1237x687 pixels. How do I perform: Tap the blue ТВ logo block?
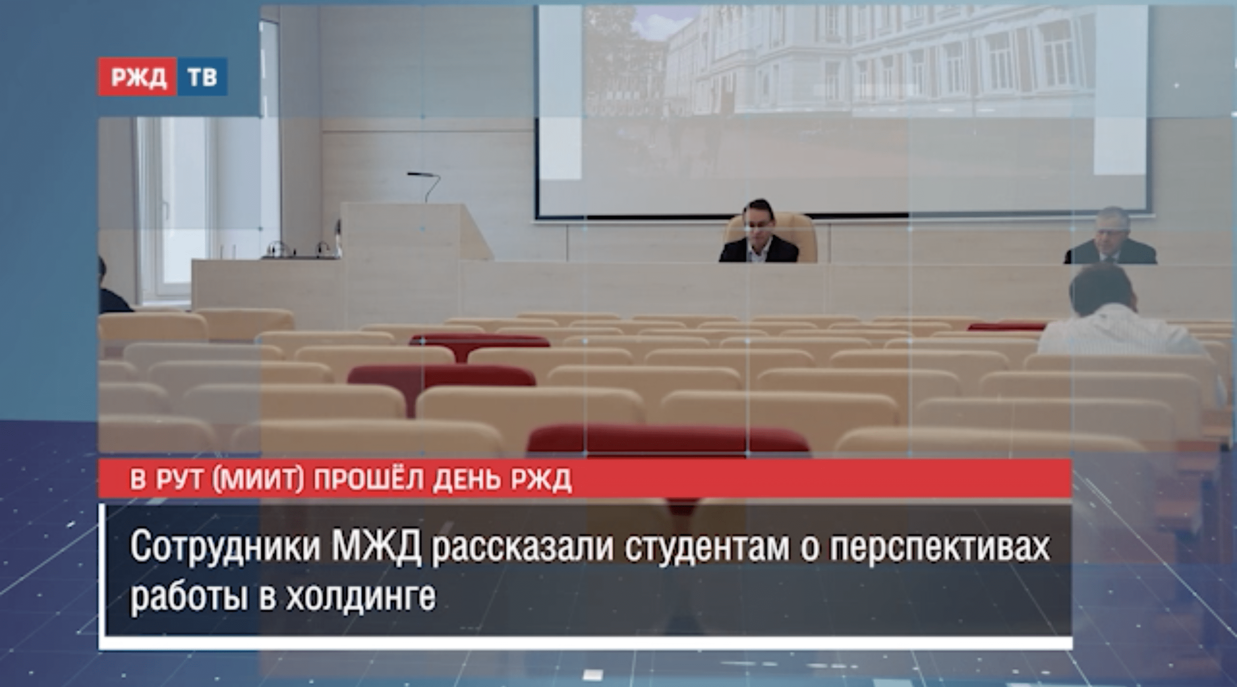(202, 77)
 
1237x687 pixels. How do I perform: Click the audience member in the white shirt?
(1124, 317)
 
